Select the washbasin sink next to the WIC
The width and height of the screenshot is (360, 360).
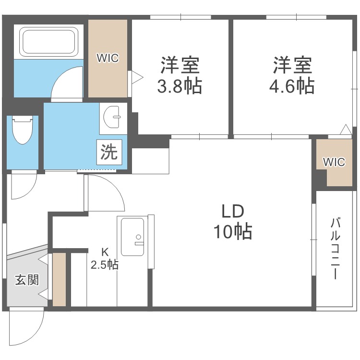[x=114, y=118]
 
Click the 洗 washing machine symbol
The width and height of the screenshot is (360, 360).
[x=109, y=152]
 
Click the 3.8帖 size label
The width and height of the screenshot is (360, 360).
[x=180, y=86]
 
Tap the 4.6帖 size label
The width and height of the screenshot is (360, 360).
[x=293, y=86]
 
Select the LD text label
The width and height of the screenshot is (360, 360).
[x=233, y=211]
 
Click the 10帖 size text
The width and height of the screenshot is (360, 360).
[x=233, y=232]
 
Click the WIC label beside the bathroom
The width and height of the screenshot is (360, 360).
[x=108, y=59]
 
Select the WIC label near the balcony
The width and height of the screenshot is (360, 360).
[x=334, y=162]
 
